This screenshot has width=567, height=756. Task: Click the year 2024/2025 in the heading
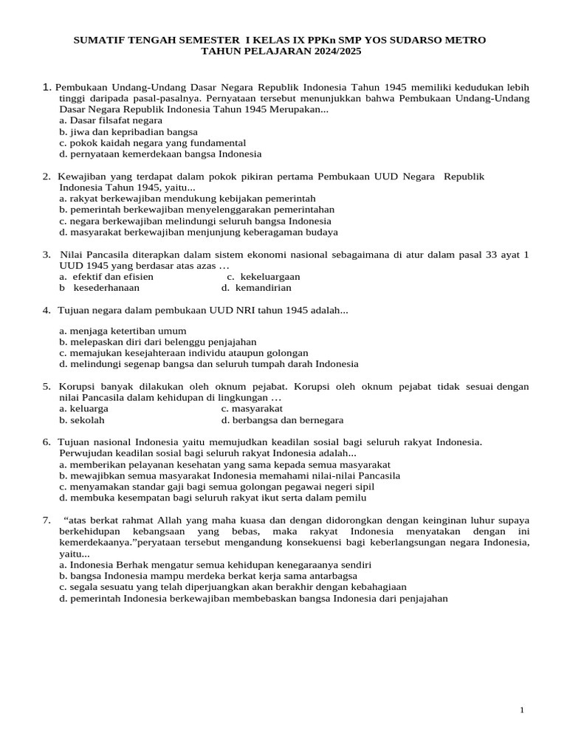pos(334,52)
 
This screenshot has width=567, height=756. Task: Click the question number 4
pos(46,310)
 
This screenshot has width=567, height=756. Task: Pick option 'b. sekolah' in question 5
pos(82,419)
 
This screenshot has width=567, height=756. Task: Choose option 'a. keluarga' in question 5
pos(83,408)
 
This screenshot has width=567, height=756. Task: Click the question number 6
pos(46,441)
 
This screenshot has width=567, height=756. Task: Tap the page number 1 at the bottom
pos(522,710)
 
